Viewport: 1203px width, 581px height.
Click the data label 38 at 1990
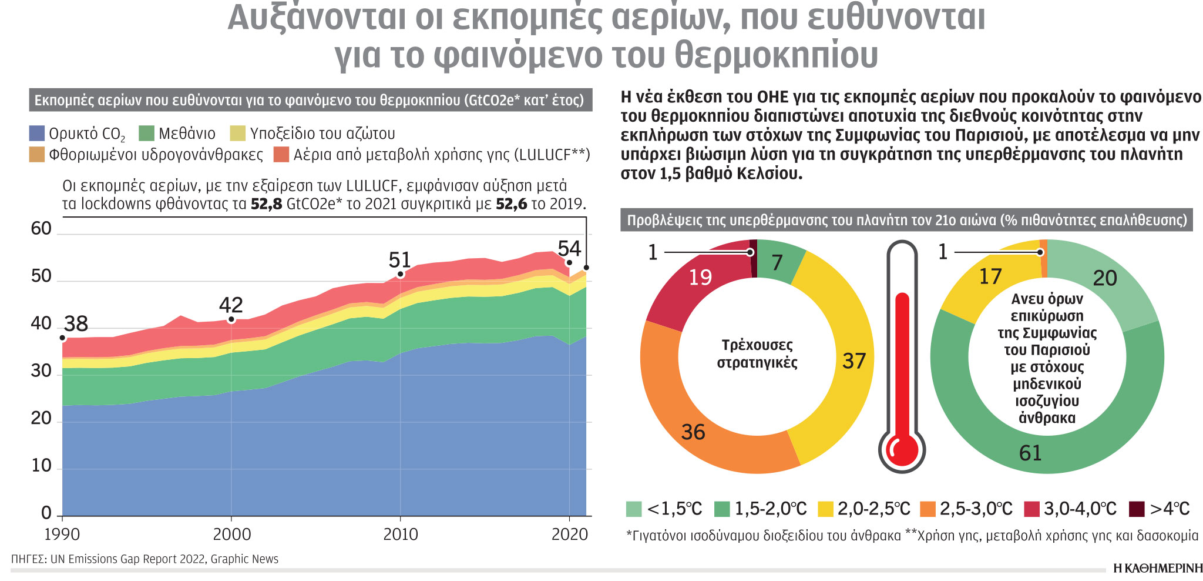(x=76, y=324)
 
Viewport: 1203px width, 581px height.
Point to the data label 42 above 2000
(x=231, y=305)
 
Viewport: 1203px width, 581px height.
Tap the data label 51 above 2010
(x=399, y=260)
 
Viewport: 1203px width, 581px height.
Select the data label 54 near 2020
(x=569, y=248)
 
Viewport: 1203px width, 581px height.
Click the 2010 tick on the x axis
(x=401, y=534)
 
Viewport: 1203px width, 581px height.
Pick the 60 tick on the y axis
(x=41, y=228)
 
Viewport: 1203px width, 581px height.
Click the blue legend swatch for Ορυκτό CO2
(x=36, y=133)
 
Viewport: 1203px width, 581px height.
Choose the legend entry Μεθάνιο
(x=187, y=134)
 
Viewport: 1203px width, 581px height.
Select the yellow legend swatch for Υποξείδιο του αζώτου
(x=237, y=133)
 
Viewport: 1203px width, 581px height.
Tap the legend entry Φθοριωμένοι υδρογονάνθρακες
(x=156, y=155)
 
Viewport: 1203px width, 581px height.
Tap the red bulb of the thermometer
(x=902, y=449)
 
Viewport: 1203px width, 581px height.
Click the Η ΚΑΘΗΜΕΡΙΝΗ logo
(x=1158, y=568)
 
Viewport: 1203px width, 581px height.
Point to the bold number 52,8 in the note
(x=266, y=204)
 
